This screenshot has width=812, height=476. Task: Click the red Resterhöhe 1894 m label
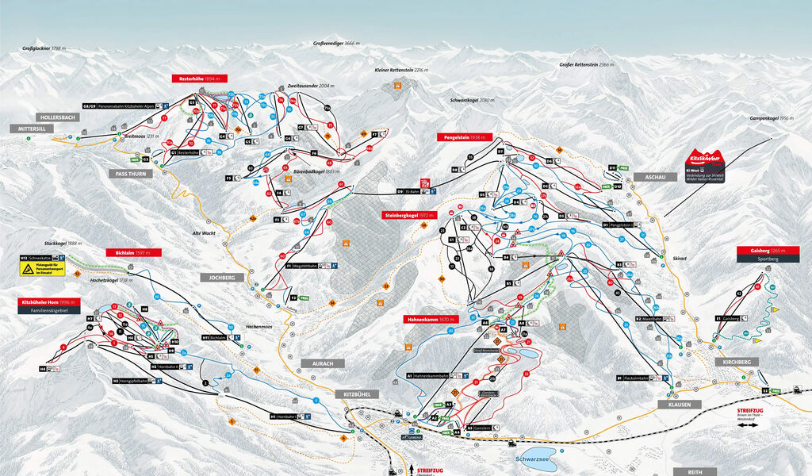[199, 79]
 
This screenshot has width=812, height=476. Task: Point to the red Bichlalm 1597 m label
[133, 252]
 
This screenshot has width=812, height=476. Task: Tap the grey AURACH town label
[323, 363]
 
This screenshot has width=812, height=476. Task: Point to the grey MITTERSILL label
[33, 128]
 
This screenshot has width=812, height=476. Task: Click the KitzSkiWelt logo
[704, 157]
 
